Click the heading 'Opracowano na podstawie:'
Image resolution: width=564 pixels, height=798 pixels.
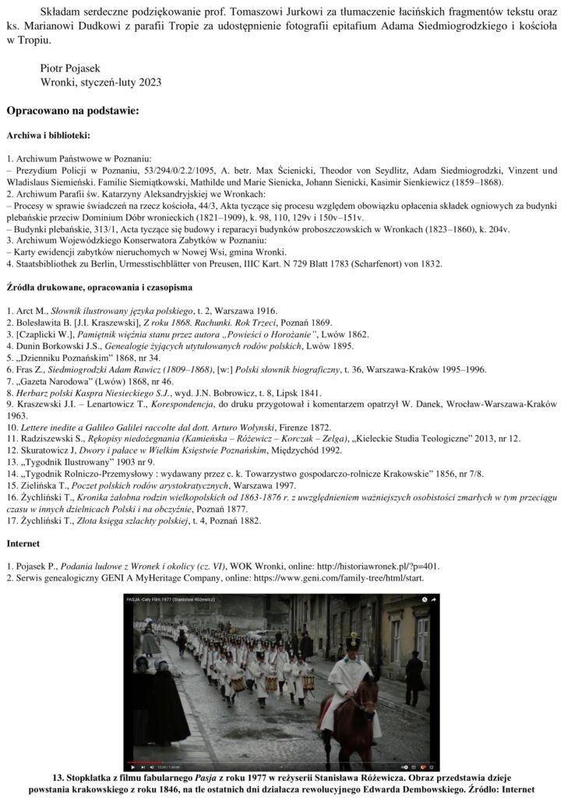(72, 111)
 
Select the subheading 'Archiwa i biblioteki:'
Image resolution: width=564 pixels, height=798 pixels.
(48, 134)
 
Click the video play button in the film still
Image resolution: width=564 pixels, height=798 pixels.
(133, 767)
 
